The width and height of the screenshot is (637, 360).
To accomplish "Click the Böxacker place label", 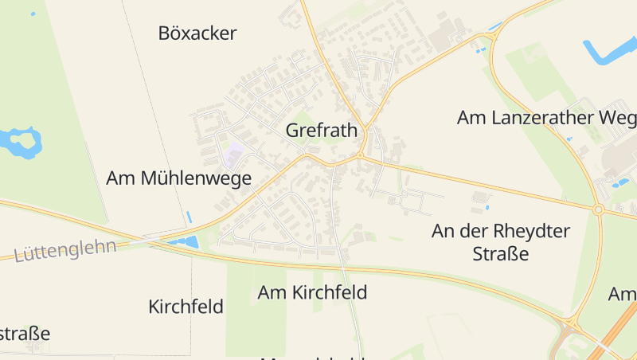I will tap(197, 33).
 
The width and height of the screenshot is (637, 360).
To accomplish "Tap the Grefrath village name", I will tap(321, 131).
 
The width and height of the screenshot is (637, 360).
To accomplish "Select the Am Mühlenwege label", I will tap(178, 178).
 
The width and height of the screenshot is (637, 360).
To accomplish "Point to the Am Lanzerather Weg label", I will tap(546, 118).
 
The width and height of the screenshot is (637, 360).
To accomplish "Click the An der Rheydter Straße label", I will tap(501, 242).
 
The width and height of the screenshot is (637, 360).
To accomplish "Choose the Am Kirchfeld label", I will tap(312, 292).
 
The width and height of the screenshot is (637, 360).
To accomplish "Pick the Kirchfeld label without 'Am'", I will tap(186, 307).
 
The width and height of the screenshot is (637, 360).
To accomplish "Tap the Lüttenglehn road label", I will tap(65, 249).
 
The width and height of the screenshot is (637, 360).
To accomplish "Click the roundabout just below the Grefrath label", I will tap(360, 155).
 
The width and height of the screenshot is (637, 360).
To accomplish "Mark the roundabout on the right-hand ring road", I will tap(598, 209).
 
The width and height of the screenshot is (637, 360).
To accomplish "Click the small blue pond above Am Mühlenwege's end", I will tap(189, 216).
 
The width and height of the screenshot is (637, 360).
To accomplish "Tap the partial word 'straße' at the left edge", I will tap(24, 334).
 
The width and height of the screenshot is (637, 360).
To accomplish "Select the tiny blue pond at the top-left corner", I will tap(33, 14).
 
